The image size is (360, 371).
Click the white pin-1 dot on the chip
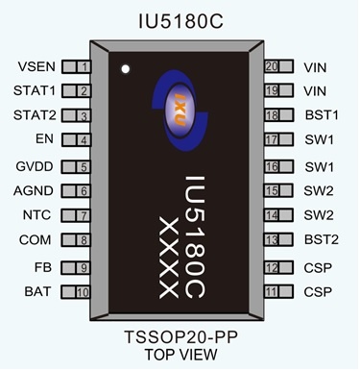click(x=126, y=69)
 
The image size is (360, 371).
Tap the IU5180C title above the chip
click(x=180, y=22)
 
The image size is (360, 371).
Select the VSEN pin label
click(x=36, y=67)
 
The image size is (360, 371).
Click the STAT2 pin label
click(x=35, y=115)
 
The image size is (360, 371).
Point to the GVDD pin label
click(x=35, y=166)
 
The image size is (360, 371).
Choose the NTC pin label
click(x=36, y=214)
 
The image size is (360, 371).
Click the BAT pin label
click(x=37, y=291)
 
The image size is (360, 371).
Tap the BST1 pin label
click(x=322, y=115)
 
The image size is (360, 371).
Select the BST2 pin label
click(x=322, y=239)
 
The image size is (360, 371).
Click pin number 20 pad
click(x=279, y=66)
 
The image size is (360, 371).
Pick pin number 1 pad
click(x=77, y=67)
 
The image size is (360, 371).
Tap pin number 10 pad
click(x=76, y=292)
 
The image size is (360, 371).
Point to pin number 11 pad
click(x=278, y=291)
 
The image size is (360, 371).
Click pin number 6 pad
click(x=76, y=191)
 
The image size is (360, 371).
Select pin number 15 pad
click(x=278, y=190)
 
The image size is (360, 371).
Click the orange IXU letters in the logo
click(x=180, y=110)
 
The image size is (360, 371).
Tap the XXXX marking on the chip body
click(x=169, y=258)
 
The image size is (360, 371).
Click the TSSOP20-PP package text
click(x=180, y=337)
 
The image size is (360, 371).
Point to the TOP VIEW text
click(x=181, y=355)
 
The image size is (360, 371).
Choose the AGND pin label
click(x=34, y=190)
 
